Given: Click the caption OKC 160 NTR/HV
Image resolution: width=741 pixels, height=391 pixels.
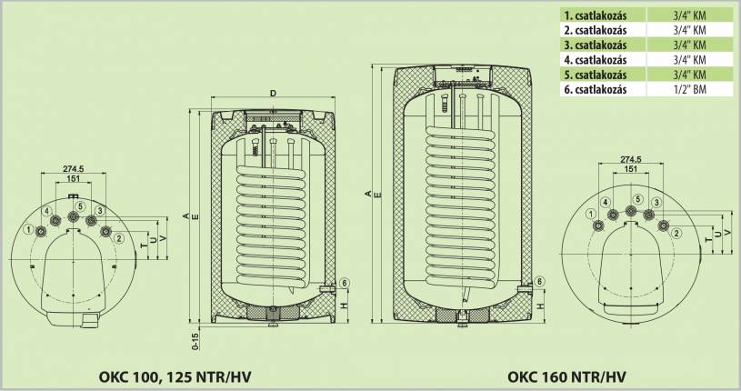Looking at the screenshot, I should pyautogui.click(x=567, y=376).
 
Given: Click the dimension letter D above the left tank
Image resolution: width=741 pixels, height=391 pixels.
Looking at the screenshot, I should pyautogui.click(x=272, y=92).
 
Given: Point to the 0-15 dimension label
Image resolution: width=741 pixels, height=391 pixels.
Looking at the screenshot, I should pyautogui.click(x=195, y=340).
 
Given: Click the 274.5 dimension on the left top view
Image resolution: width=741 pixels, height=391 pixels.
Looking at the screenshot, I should pyautogui.click(x=77, y=169).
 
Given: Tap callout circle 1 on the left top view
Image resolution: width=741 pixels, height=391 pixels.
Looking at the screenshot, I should pyautogui.click(x=29, y=230).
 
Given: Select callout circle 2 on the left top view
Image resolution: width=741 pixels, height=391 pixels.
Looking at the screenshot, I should pyautogui.click(x=119, y=238).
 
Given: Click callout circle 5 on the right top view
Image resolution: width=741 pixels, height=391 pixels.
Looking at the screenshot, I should pyautogui.click(x=637, y=199).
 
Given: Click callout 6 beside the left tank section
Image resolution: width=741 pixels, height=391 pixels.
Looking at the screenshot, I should pyautogui.click(x=345, y=284).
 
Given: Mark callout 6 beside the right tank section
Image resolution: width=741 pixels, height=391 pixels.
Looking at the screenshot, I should pyautogui.click(x=540, y=282).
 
